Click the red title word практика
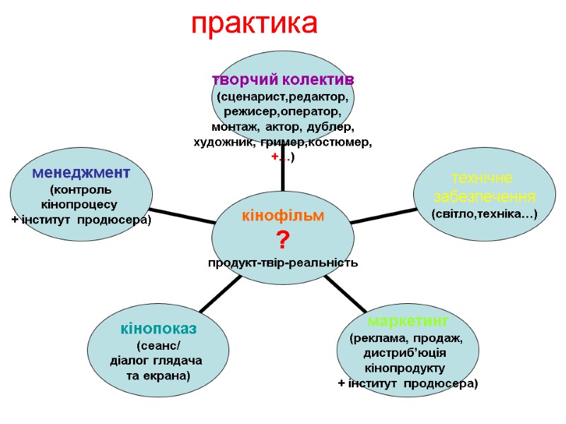click(255, 25)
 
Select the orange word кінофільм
click(282, 216)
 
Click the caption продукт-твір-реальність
click(283, 263)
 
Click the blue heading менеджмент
click(81, 172)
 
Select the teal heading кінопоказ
click(158, 329)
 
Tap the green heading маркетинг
click(408, 323)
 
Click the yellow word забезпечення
click(485, 196)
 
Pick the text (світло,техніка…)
click(485, 213)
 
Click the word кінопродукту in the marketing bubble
click(405, 368)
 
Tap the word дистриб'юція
click(405, 353)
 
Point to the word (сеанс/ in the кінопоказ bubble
click(158, 346)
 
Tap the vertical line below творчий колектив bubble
click(283, 177)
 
